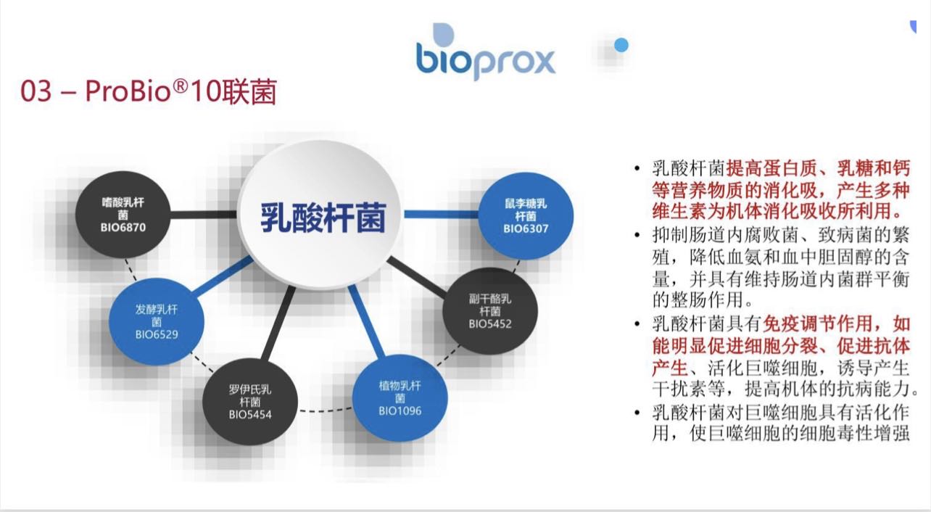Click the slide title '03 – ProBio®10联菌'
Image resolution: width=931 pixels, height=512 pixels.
(149, 93)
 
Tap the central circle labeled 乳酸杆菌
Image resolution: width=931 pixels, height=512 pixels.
(323, 216)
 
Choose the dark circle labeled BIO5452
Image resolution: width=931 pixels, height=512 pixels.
(490, 311)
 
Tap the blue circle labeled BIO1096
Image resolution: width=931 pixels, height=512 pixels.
(400, 398)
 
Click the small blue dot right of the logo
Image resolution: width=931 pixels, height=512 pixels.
(621, 46)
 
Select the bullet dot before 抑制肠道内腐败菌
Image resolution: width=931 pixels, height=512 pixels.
(637, 236)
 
